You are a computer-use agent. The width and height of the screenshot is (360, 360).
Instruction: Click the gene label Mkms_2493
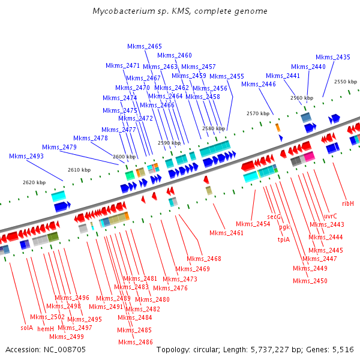pyautogui.click(x=26, y=156)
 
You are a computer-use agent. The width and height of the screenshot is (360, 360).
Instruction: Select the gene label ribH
pyautogui.click(x=348, y=203)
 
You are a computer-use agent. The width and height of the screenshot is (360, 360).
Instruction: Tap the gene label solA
pyautogui.click(x=27, y=328)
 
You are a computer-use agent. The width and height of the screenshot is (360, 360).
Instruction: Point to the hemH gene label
pyautogui.click(x=46, y=328)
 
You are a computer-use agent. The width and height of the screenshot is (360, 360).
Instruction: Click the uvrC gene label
pyautogui.click(x=331, y=216)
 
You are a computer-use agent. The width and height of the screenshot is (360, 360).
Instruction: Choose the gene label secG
pyautogui.click(x=274, y=217)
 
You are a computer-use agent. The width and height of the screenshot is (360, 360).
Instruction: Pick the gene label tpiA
pyautogui.click(x=284, y=239)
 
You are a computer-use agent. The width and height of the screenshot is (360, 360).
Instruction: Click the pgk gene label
pyautogui.click(x=284, y=227)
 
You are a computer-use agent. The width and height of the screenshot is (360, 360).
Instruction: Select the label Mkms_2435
pyautogui.click(x=333, y=57)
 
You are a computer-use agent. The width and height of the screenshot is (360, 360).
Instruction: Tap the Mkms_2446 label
pyautogui.click(x=259, y=84)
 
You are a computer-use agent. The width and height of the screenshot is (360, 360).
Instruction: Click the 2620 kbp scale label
pyautogui.click(x=34, y=182)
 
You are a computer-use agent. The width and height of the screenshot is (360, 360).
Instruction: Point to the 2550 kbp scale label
pyautogui.click(x=346, y=82)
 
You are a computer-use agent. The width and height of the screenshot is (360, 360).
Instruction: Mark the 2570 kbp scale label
pyautogui.click(x=258, y=113)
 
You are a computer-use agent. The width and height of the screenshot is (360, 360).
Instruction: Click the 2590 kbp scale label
pyautogui.click(x=169, y=143)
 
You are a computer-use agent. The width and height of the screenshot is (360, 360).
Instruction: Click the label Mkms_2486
pyautogui.click(x=135, y=342)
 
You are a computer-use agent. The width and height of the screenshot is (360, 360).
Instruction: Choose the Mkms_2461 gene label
pyautogui.click(x=226, y=233)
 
